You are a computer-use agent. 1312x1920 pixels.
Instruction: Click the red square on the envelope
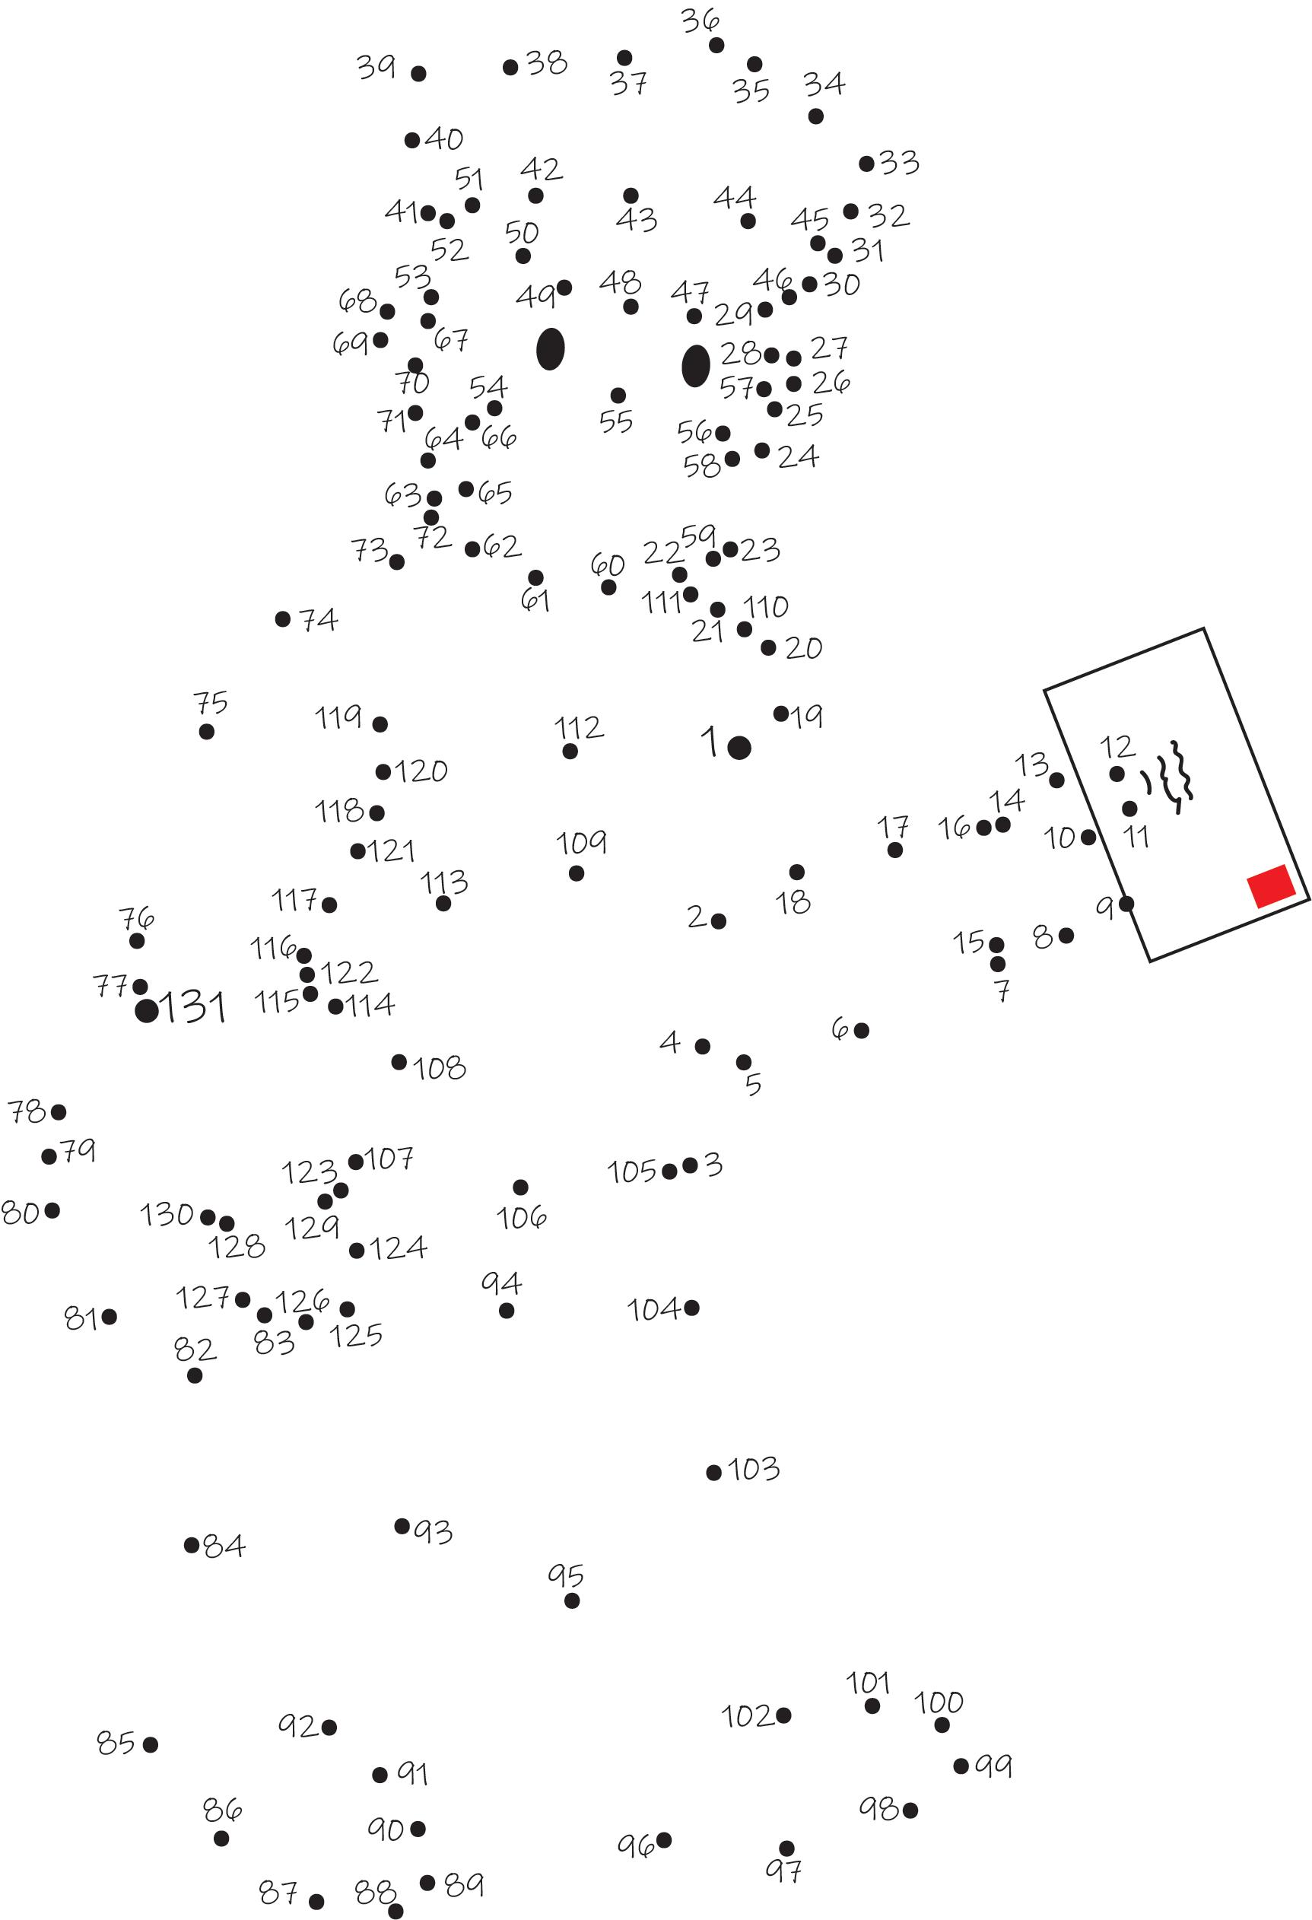(x=1271, y=886)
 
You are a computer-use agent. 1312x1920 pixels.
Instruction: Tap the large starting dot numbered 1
(x=739, y=748)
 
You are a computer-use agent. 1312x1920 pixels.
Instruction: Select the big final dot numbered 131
(x=146, y=1010)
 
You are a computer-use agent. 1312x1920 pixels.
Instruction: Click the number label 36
(x=700, y=21)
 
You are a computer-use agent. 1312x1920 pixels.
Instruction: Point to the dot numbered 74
(x=283, y=618)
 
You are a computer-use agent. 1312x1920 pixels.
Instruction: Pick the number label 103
(x=754, y=1469)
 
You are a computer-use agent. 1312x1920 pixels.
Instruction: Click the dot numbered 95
(x=572, y=1601)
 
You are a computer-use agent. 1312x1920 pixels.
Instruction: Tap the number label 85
(x=116, y=1742)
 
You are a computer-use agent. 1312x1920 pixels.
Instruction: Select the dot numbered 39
(x=418, y=74)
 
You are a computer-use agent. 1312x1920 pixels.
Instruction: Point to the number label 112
(x=578, y=728)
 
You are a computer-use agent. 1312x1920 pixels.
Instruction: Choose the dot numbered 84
(x=192, y=1545)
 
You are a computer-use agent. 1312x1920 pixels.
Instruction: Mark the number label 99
(x=993, y=1766)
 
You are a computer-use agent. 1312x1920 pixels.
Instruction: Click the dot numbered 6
(x=861, y=1030)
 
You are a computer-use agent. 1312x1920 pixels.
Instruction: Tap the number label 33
(x=899, y=163)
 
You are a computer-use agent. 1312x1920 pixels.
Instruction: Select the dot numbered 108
(x=399, y=1062)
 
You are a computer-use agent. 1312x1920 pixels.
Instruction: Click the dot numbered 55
(x=618, y=395)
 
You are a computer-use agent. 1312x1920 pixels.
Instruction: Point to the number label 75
(x=211, y=704)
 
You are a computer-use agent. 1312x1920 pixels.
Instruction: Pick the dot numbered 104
(x=691, y=1307)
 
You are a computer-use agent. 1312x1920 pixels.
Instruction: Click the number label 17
(x=892, y=826)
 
